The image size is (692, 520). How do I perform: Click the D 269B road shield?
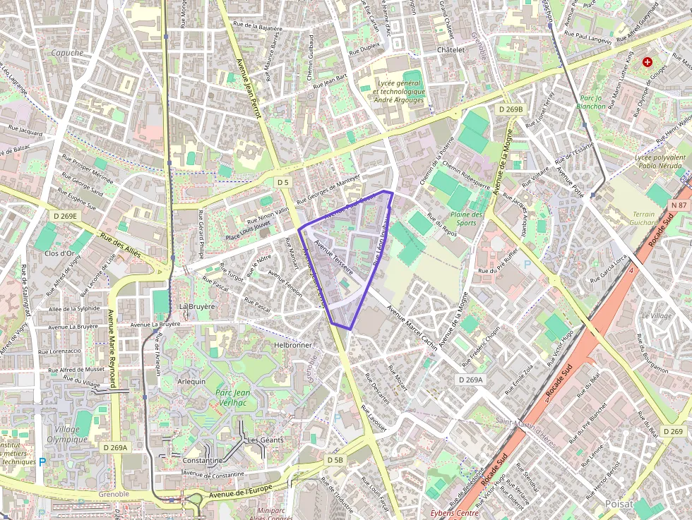coord(510,109)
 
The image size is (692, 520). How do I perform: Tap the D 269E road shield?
coord(65,216)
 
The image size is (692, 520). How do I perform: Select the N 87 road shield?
coord(679,205)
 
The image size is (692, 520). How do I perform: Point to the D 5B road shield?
coord(335,460)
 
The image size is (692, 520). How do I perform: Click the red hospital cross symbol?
coord(647,62)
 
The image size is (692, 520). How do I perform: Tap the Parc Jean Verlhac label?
coord(233,397)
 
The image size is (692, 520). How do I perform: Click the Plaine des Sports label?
coord(467,219)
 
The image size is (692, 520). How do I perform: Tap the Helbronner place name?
coord(292,345)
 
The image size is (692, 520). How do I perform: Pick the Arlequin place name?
coord(191,381)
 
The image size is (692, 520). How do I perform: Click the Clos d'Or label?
coord(59,253)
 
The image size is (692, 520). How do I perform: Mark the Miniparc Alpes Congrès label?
coord(275,513)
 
